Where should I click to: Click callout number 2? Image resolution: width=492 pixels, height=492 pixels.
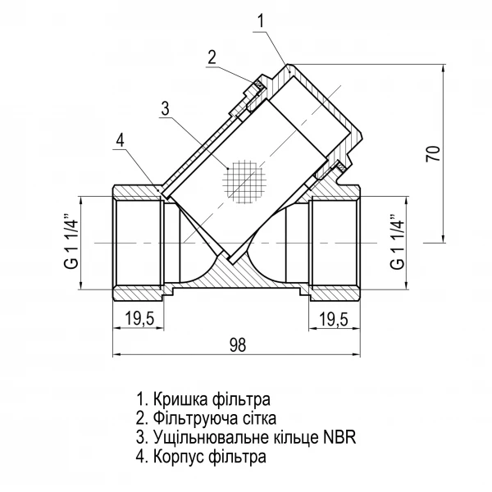tap(211, 57)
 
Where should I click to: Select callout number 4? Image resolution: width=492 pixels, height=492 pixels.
tap(120, 141)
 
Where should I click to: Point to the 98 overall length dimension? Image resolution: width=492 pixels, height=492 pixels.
tap(237, 344)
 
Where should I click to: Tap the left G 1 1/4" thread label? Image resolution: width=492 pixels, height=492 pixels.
tap(70, 242)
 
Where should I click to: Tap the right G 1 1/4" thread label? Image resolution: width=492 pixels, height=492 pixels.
tap(398, 242)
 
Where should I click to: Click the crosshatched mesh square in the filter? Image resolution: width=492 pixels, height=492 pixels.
tap(247, 181)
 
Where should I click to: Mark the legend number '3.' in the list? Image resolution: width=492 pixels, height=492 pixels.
tap(142, 437)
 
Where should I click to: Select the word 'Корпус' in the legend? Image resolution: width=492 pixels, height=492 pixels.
tap(178, 456)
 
